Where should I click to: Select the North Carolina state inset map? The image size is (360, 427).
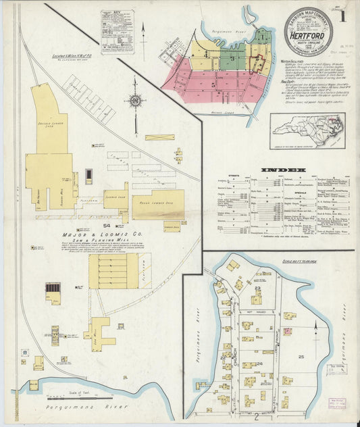(307, 130)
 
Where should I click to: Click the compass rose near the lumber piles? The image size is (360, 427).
(135, 101)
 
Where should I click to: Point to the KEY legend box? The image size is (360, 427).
(117, 31)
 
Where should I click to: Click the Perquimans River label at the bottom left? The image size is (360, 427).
(68, 408)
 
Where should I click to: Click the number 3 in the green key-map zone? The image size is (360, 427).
(232, 59)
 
